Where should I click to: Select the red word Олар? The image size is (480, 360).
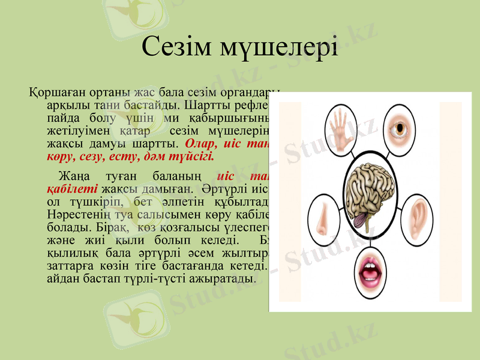(203, 144)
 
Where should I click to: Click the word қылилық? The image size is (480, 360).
(72, 253)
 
